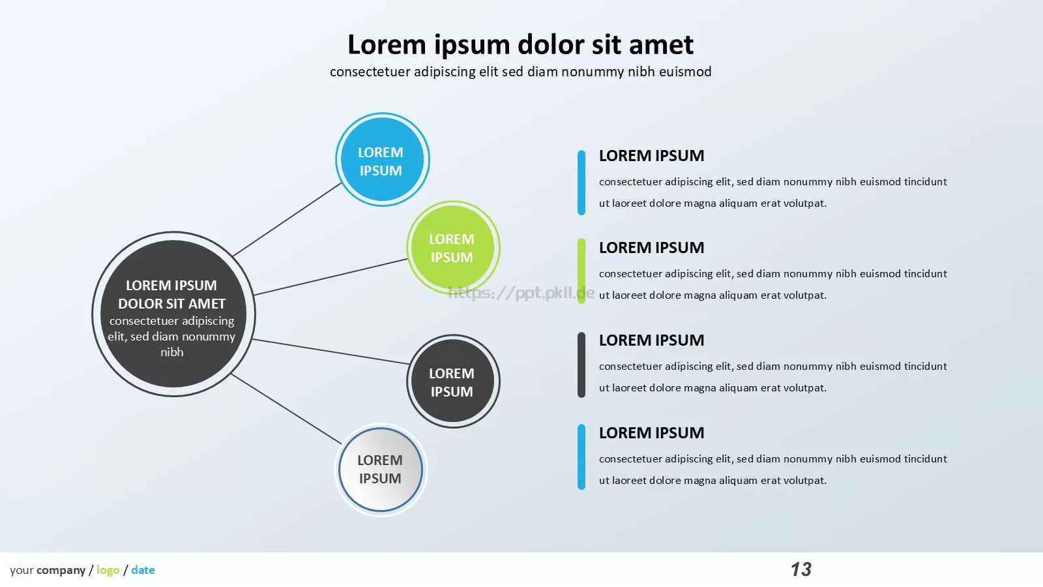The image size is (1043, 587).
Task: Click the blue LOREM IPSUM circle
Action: [x=382, y=159]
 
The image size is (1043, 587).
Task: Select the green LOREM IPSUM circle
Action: [x=453, y=247]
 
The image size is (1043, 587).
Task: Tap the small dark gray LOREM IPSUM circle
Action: [x=453, y=381]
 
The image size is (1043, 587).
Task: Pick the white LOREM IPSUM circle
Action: [x=381, y=470]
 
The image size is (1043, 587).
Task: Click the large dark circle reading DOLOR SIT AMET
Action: [x=173, y=314]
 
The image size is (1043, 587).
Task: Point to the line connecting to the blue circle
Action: [x=287, y=219]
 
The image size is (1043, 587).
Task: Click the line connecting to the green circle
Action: [x=331, y=277]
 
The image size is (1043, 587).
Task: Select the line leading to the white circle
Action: [x=286, y=408]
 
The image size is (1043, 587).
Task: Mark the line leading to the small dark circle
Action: [x=331, y=352]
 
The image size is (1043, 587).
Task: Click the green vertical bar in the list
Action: [x=581, y=271]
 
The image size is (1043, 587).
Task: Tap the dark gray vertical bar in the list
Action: [x=581, y=365]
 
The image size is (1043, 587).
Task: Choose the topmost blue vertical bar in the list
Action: [x=581, y=182]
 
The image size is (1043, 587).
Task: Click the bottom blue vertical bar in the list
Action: [x=581, y=457]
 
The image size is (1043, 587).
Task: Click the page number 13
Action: [x=801, y=569]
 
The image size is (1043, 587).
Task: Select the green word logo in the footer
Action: [x=108, y=570]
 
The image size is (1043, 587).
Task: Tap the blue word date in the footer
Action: [x=143, y=570]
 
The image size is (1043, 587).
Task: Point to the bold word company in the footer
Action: [x=61, y=571]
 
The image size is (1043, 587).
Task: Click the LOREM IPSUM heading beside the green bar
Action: [x=651, y=247]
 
